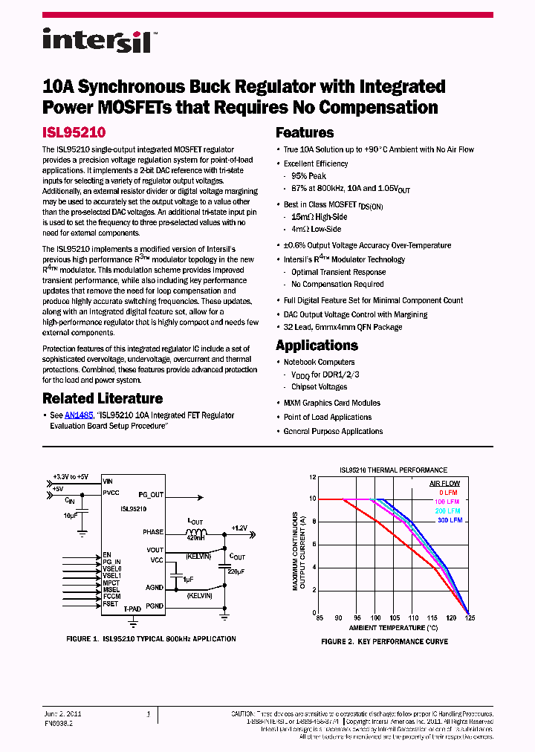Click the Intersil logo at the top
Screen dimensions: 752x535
point(97,40)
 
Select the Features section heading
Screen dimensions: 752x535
point(305,133)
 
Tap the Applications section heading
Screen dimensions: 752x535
point(317,346)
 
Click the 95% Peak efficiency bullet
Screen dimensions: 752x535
point(309,176)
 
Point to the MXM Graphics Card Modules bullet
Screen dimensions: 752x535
point(331,403)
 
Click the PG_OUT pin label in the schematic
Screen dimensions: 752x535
point(151,494)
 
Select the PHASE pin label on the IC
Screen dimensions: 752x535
point(153,532)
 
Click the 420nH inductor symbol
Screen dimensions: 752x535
point(196,532)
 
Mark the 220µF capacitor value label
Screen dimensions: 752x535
point(236,571)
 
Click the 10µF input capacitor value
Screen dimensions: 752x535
point(71,515)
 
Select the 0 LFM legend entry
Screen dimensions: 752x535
point(449,493)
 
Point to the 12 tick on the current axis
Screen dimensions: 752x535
point(312,476)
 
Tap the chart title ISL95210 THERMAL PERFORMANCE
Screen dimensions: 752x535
point(393,470)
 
